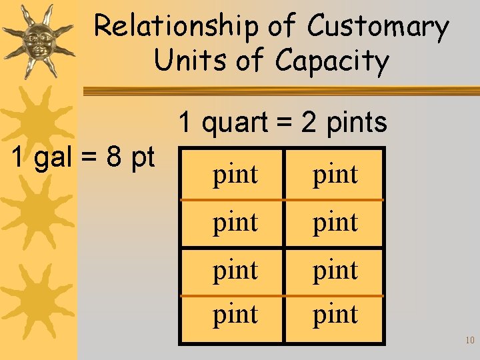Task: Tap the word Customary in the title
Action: coord(377,27)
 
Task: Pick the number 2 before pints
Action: coord(309,122)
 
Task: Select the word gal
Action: coord(52,159)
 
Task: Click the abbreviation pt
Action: coord(143,159)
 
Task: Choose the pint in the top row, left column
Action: coord(235,175)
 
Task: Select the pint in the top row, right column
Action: coord(335,175)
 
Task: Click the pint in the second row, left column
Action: coord(235,222)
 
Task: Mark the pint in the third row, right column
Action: coord(335,270)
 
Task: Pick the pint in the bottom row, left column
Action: coord(235,314)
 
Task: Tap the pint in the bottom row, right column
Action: coord(335,314)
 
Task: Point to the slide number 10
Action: coord(469,341)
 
